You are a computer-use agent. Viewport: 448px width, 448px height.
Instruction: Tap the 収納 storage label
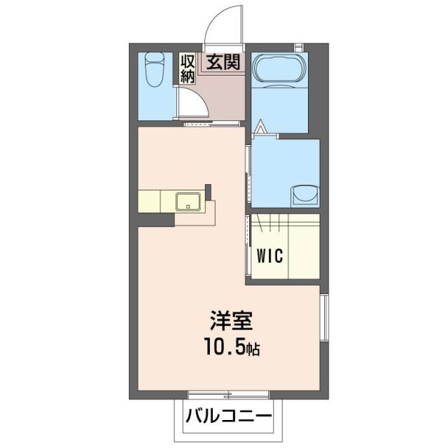(188, 69)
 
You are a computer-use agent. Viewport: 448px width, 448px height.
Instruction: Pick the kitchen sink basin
(190, 201)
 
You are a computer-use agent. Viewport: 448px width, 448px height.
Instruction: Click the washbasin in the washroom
(304, 194)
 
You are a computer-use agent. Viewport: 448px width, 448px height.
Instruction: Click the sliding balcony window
(218, 394)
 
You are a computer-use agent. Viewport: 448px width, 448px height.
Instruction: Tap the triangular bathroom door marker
(260, 129)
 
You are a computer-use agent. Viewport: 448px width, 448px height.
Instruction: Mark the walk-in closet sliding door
(247, 241)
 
